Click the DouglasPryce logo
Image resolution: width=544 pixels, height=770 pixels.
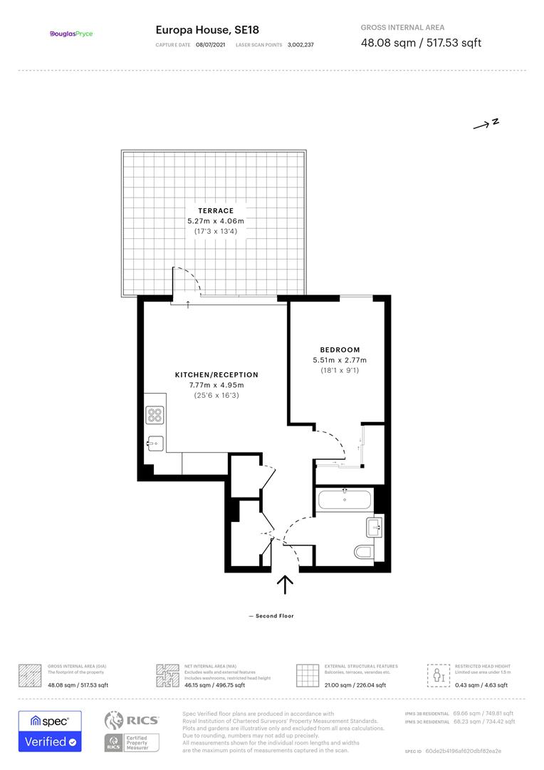tap(71, 34)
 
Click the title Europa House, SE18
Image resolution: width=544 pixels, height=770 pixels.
tap(197, 30)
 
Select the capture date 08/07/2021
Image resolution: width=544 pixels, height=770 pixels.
tap(211, 44)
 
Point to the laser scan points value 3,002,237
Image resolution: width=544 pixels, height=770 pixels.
tap(300, 44)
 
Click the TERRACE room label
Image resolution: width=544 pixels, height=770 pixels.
tap(216, 211)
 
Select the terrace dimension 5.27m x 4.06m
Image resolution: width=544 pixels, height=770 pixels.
tap(216, 221)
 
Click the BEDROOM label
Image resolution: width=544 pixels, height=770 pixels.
tap(340, 350)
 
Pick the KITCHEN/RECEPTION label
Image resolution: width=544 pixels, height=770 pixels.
tap(216, 375)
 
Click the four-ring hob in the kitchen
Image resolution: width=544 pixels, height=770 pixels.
tap(155, 415)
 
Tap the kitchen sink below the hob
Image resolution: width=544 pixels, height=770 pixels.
tap(155, 443)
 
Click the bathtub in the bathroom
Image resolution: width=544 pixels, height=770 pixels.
tap(344, 499)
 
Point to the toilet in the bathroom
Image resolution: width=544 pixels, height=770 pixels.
tap(363, 552)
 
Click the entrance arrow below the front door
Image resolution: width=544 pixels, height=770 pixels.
tap(285, 585)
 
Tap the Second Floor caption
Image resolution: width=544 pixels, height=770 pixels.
tap(271, 616)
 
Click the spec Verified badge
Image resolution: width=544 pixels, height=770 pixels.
tap(50, 731)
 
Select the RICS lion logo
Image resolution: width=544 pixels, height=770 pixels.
tap(117, 721)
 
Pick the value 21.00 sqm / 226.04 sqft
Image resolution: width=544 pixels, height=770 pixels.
tap(355, 685)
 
